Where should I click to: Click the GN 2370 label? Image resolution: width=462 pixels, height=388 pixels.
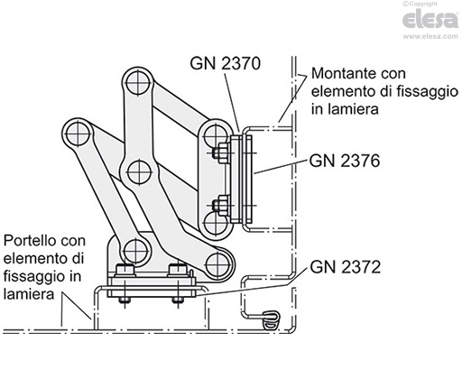point(226,64)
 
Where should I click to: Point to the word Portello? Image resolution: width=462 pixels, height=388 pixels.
point(32,241)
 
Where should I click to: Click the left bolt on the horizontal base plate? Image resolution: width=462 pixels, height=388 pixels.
point(125,271)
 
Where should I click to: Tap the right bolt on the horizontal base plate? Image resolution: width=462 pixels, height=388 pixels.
point(178,271)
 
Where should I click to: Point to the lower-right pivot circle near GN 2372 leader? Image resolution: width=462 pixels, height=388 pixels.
point(216,264)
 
